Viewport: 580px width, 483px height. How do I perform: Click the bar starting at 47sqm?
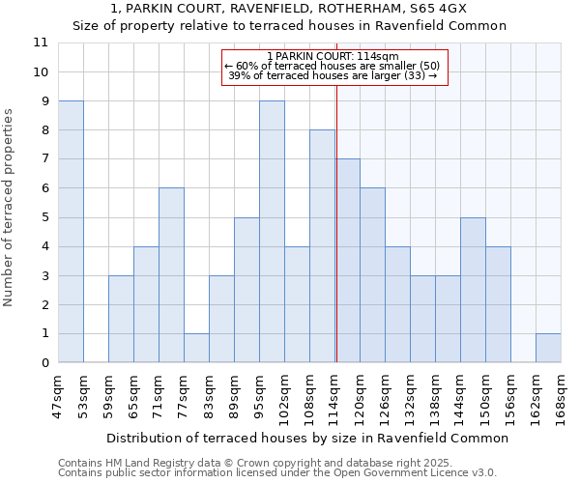tap(71, 232)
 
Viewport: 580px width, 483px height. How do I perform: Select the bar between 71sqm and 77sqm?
tap(171, 275)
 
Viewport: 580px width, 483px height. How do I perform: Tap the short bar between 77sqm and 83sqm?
tap(196, 348)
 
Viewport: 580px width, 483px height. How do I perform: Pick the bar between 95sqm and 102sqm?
tap(272, 232)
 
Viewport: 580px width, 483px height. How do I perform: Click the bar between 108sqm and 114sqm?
tap(322, 246)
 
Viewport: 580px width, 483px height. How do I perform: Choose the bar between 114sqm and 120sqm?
tap(348, 261)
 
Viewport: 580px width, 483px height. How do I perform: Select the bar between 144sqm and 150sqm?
tap(473, 290)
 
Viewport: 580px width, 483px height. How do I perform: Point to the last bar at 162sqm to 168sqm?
tap(548, 348)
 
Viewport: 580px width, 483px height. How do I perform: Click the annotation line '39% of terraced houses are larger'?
tap(333, 75)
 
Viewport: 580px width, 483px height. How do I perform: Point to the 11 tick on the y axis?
tap(41, 43)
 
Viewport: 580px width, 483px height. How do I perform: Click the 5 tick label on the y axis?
tap(42, 217)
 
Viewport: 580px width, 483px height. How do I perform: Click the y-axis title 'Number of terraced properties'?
tap(9, 207)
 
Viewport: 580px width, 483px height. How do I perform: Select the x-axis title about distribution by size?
tap(307, 438)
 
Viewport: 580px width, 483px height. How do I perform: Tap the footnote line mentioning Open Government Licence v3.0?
tap(277, 473)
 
